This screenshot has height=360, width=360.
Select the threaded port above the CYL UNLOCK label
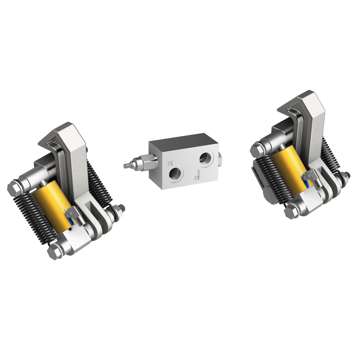tap(206, 159)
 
